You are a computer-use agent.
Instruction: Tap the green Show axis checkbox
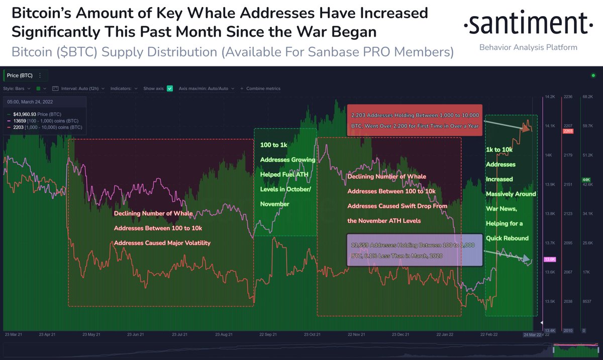tap(170, 88)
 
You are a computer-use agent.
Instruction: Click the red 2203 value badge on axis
tap(568, 131)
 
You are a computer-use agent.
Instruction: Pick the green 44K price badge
tap(586, 180)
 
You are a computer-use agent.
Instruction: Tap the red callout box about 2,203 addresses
tap(415, 120)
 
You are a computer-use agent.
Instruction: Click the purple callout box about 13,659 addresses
tap(415, 250)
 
